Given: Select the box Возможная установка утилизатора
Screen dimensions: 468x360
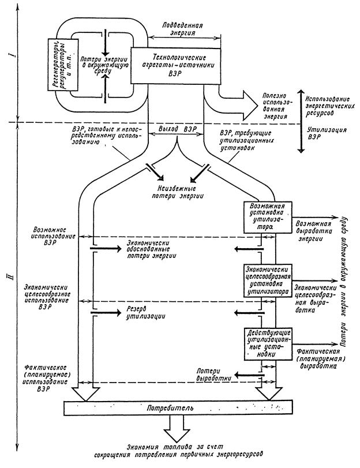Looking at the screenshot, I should point(268,215).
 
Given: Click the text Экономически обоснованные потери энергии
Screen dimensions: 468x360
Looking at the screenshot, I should point(152,249).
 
